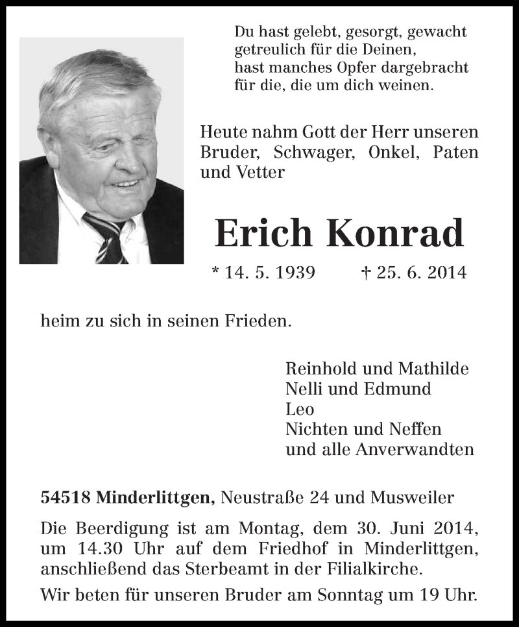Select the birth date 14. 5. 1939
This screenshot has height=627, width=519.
[x=270, y=273]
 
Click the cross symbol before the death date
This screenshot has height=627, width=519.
[x=365, y=272]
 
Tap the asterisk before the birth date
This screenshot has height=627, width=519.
[x=216, y=270]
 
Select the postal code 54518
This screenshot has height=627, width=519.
[x=66, y=498]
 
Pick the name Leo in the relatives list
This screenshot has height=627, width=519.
[x=300, y=409]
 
